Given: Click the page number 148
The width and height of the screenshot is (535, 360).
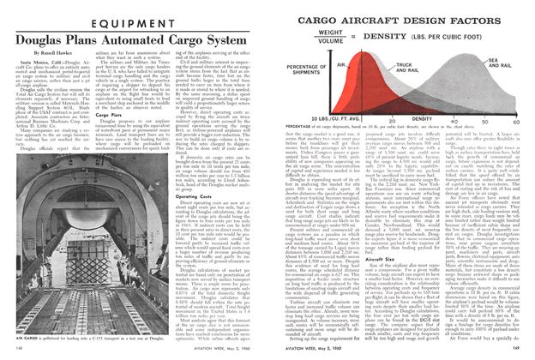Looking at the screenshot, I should coord(16,351).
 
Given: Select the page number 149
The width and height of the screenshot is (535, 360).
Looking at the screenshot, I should coord(519,351).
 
